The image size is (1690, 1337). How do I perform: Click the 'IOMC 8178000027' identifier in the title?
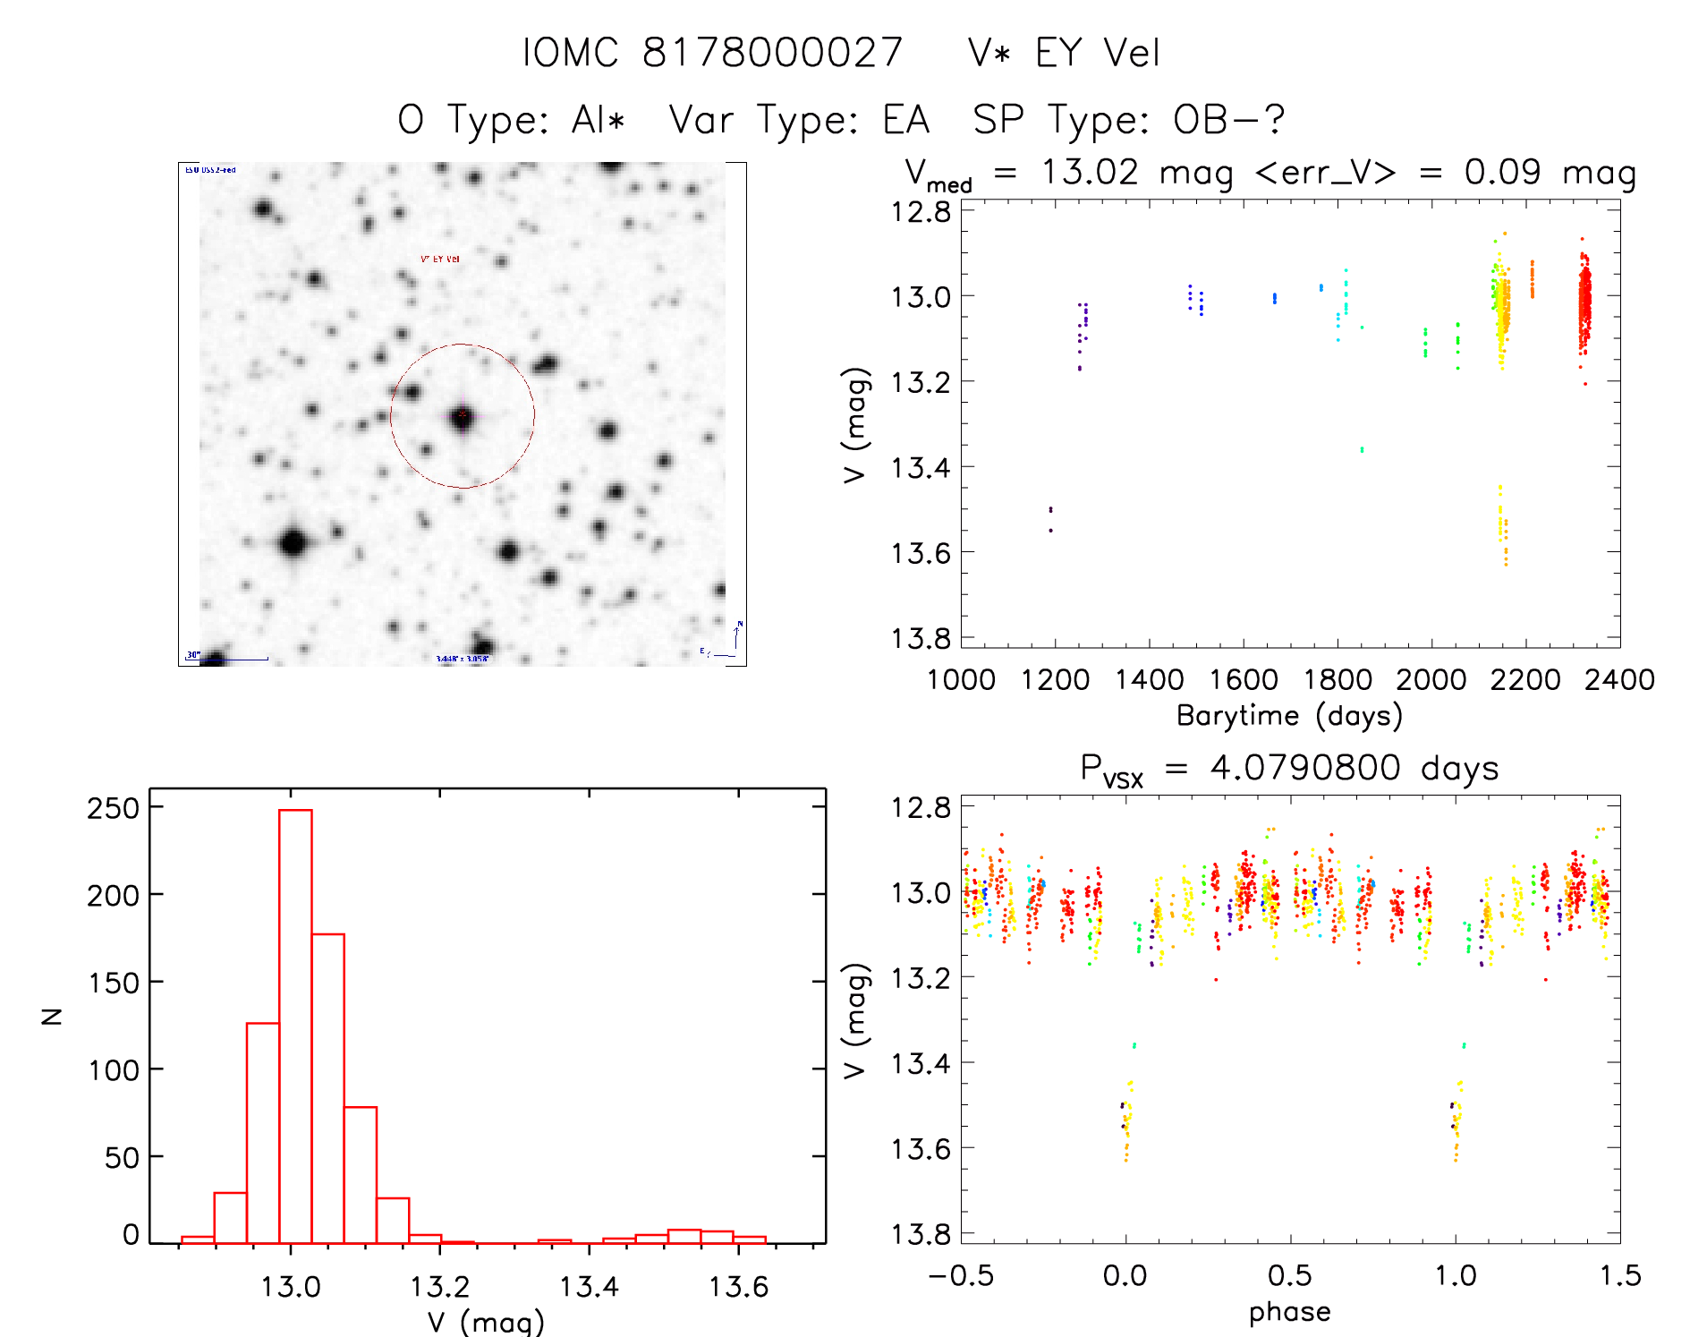pyautogui.click(x=712, y=53)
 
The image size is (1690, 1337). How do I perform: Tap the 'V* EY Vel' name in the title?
pyautogui.click(x=1064, y=53)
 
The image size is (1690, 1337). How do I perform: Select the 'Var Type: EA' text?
pyautogui.click(x=799, y=119)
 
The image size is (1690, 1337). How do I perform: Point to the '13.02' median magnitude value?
pyautogui.click(x=1090, y=172)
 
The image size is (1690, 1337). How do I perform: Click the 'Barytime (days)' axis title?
pyautogui.click(x=1289, y=715)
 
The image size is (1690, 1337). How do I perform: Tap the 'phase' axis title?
pyautogui.click(x=1289, y=1311)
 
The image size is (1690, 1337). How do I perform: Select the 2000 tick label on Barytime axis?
pyautogui.click(x=1431, y=679)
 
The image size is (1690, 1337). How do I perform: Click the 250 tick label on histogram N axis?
pyautogui.click(x=114, y=808)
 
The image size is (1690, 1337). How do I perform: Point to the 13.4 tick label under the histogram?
pyautogui.click(x=589, y=1287)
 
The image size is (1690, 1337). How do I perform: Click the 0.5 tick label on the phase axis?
pyautogui.click(x=1289, y=1275)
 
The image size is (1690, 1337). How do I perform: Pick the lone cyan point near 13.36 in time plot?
pyautogui.click(x=1362, y=449)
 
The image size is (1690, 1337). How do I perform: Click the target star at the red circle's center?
pyautogui.click(x=463, y=415)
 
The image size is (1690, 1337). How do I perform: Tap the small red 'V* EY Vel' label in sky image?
pyautogui.click(x=440, y=260)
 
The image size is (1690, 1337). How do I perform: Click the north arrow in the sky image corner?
pyautogui.click(x=736, y=634)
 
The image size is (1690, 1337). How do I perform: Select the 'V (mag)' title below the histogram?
pyautogui.click(x=486, y=1322)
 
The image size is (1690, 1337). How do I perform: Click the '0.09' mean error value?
pyautogui.click(x=1502, y=172)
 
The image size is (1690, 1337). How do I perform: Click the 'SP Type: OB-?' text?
pyautogui.click(x=1128, y=119)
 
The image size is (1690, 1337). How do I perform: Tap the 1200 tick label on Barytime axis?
pyautogui.click(x=1055, y=679)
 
